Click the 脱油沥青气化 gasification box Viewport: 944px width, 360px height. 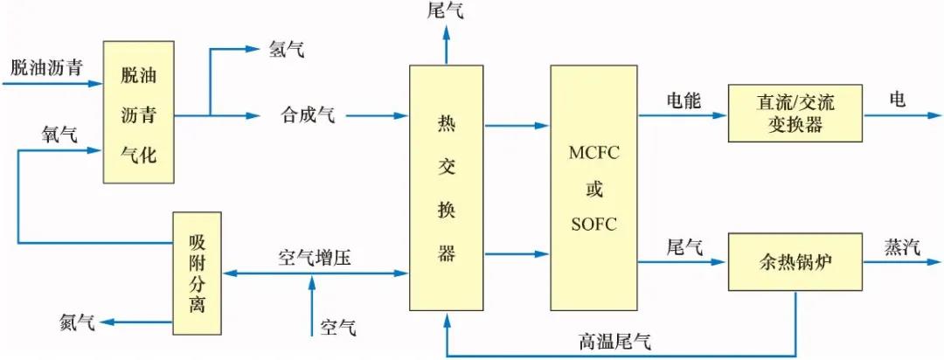click(x=139, y=112)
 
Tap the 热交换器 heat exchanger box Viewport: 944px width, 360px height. click(x=447, y=188)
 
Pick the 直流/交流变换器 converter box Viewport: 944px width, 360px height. click(x=795, y=113)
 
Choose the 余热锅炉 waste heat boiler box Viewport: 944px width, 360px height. click(x=795, y=261)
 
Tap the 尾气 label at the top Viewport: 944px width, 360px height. click(x=446, y=11)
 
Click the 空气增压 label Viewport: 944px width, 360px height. click(x=315, y=259)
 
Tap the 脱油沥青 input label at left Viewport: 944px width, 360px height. click(x=46, y=67)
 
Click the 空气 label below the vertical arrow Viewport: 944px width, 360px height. click(x=338, y=329)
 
